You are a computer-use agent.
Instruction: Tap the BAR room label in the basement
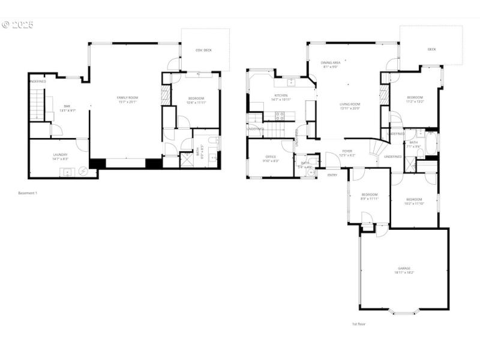click(x=67, y=106)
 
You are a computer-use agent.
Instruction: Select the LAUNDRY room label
click(x=60, y=154)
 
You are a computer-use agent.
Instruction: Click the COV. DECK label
click(x=205, y=50)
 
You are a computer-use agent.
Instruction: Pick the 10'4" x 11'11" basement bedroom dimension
click(x=196, y=103)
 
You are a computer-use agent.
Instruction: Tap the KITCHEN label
click(x=281, y=95)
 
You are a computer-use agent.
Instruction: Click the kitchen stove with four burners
click(x=280, y=116)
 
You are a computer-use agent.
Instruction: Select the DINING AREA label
click(x=331, y=62)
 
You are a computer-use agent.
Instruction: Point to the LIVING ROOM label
click(x=350, y=104)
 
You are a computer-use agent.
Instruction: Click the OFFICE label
click(x=271, y=157)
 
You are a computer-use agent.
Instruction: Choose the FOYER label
click(x=347, y=151)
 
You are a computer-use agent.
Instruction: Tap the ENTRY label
click(x=332, y=175)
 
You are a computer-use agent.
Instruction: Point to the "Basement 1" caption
click(x=28, y=193)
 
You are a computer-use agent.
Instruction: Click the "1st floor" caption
click(x=358, y=324)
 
